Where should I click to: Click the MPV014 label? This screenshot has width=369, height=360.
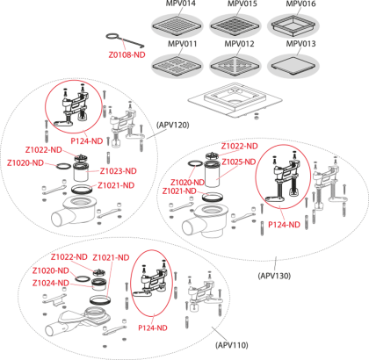pos(181,4)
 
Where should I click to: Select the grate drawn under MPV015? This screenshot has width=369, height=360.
pos(235,25)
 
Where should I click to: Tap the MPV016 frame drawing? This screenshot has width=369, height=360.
pos(293,24)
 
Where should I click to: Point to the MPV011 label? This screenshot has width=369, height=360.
pos(182,44)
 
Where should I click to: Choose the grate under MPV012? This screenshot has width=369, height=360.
pos(235,65)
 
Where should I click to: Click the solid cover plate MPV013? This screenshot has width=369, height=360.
pos(293,65)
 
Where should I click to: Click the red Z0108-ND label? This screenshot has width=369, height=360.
pos(127,54)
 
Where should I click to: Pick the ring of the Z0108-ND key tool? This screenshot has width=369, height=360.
pos(112,37)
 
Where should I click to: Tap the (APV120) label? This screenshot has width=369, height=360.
pos(173,125)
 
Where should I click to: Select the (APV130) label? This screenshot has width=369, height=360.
pos(274,276)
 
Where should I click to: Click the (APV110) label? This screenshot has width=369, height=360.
pos(232,345)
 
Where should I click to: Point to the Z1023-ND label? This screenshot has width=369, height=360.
pos(119,171)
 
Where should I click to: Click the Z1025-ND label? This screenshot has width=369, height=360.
pos(239,162)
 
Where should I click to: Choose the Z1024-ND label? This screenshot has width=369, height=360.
pos(51,283)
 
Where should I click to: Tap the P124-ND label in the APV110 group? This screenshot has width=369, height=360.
pos(153,328)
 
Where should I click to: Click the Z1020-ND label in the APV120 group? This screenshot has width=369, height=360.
pos(25,162)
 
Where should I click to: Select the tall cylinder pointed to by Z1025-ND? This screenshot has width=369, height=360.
pos(213,174)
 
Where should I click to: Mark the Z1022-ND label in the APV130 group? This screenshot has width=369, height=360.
pos(239,146)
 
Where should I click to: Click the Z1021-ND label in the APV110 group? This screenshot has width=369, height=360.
pos(111,257)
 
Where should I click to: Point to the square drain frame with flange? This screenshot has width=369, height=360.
pos(235,102)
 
